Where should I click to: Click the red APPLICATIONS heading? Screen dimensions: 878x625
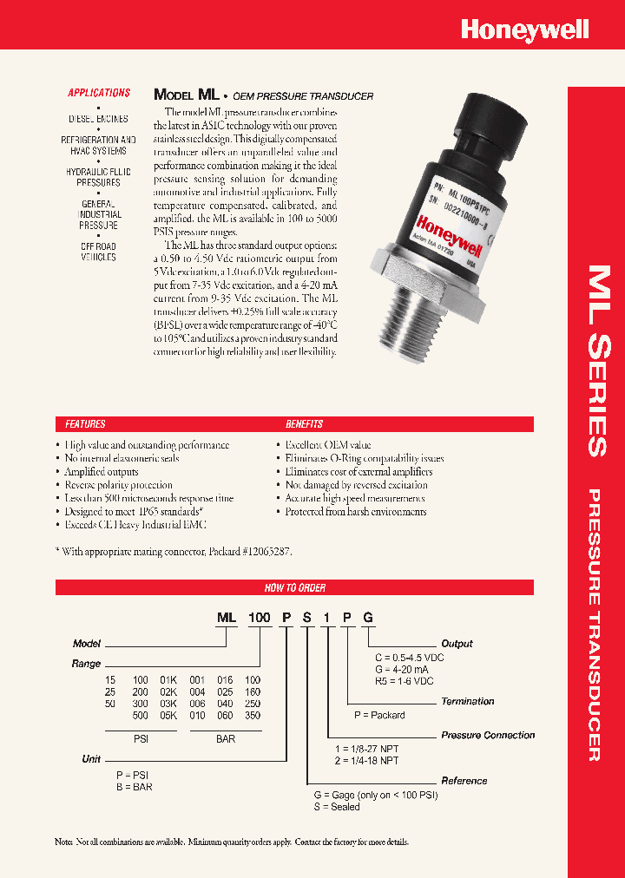coord(99,93)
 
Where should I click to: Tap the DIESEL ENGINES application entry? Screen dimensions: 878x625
coord(98,119)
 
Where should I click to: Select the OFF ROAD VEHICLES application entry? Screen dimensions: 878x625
coord(98,252)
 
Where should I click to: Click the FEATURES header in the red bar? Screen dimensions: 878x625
coord(85,424)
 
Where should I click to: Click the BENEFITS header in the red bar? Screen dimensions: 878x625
coord(304,424)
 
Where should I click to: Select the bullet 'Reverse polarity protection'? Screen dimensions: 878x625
coord(118,485)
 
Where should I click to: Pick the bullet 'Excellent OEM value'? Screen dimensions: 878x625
coord(328,445)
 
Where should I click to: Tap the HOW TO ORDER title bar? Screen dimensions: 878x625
coord(294,587)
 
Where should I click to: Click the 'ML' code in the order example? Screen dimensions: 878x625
coord(227,618)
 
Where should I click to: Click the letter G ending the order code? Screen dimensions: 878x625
coord(368,618)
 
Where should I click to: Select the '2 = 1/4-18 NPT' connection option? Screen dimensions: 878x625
coord(365,761)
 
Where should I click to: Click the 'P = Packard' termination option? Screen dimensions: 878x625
coord(379,715)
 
